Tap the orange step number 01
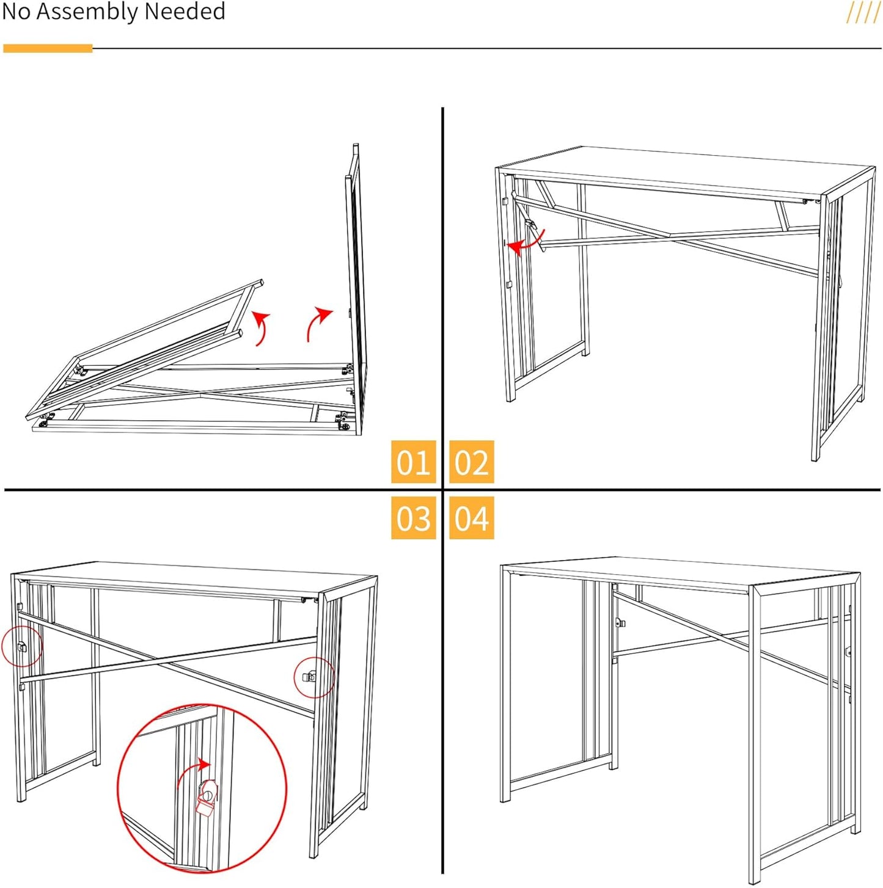pyautogui.click(x=413, y=462)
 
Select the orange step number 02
pyautogui.click(x=471, y=462)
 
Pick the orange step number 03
pyautogui.click(x=413, y=518)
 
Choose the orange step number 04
pyautogui.click(x=471, y=518)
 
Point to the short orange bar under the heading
pyautogui.click(x=48, y=48)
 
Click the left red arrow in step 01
pyautogui.click(x=262, y=327)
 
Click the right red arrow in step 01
pyautogui.click(x=318, y=324)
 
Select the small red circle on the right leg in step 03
pyautogui.click(x=314, y=677)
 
